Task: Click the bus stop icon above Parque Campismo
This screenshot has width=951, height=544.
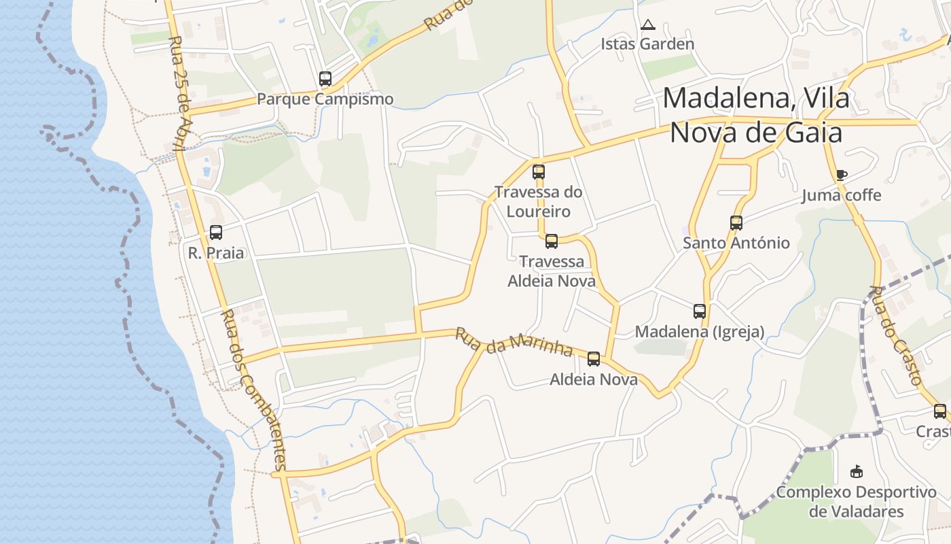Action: [325, 79]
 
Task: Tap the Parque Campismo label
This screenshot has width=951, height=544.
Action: [325, 99]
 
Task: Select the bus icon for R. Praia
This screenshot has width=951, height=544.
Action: [216, 233]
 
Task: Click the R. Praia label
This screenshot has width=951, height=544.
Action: [216, 253]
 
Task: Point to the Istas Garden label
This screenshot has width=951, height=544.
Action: [647, 44]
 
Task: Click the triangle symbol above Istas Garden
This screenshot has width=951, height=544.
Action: [648, 25]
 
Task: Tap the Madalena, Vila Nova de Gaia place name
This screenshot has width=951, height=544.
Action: [756, 115]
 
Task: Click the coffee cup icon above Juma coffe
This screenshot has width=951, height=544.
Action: [841, 175]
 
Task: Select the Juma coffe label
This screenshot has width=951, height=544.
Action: [841, 196]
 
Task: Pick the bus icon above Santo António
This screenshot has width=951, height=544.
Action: [736, 222]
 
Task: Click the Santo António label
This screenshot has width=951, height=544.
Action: [736, 243]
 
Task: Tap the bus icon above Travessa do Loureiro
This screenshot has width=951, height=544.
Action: [539, 172]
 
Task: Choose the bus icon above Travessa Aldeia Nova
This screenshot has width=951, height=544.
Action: [552, 241]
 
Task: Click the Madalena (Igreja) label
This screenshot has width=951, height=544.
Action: [700, 332]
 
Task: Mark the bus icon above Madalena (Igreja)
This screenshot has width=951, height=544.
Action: [700, 311]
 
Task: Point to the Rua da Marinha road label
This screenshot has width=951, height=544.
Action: [514, 342]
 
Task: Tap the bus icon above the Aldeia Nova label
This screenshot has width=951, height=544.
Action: [594, 359]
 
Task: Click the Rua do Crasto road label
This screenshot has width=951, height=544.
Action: [897, 337]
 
